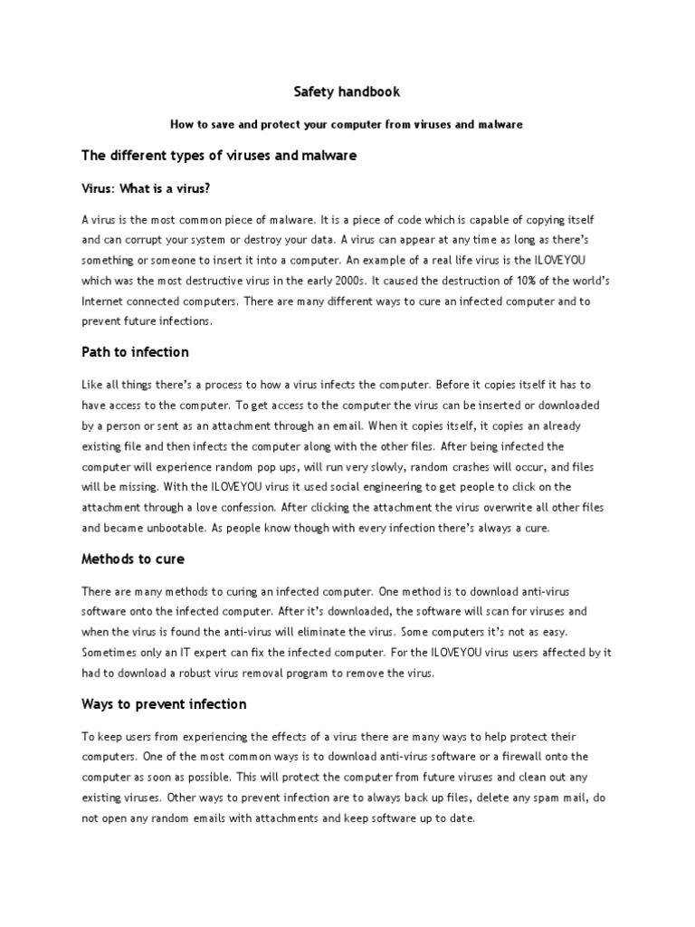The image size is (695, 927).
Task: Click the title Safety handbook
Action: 347,92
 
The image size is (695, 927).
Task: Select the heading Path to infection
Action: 136,351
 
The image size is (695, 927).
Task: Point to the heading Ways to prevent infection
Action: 164,704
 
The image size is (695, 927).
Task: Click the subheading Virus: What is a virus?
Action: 146,188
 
